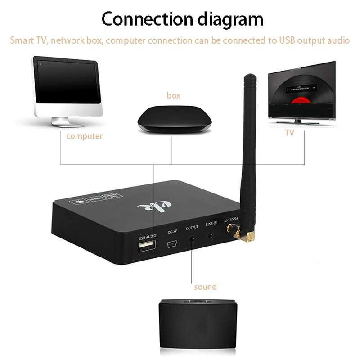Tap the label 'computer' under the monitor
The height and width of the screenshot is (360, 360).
point(85,136)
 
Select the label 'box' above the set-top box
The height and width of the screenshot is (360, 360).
point(173,95)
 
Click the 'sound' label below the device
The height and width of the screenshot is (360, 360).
point(205,287)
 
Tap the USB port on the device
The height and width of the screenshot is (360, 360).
point(147,246)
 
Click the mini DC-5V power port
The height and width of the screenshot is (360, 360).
point(171,246)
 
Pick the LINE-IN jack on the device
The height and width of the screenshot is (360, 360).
point(211,235)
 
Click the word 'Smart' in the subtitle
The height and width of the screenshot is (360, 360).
point(22,40)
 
